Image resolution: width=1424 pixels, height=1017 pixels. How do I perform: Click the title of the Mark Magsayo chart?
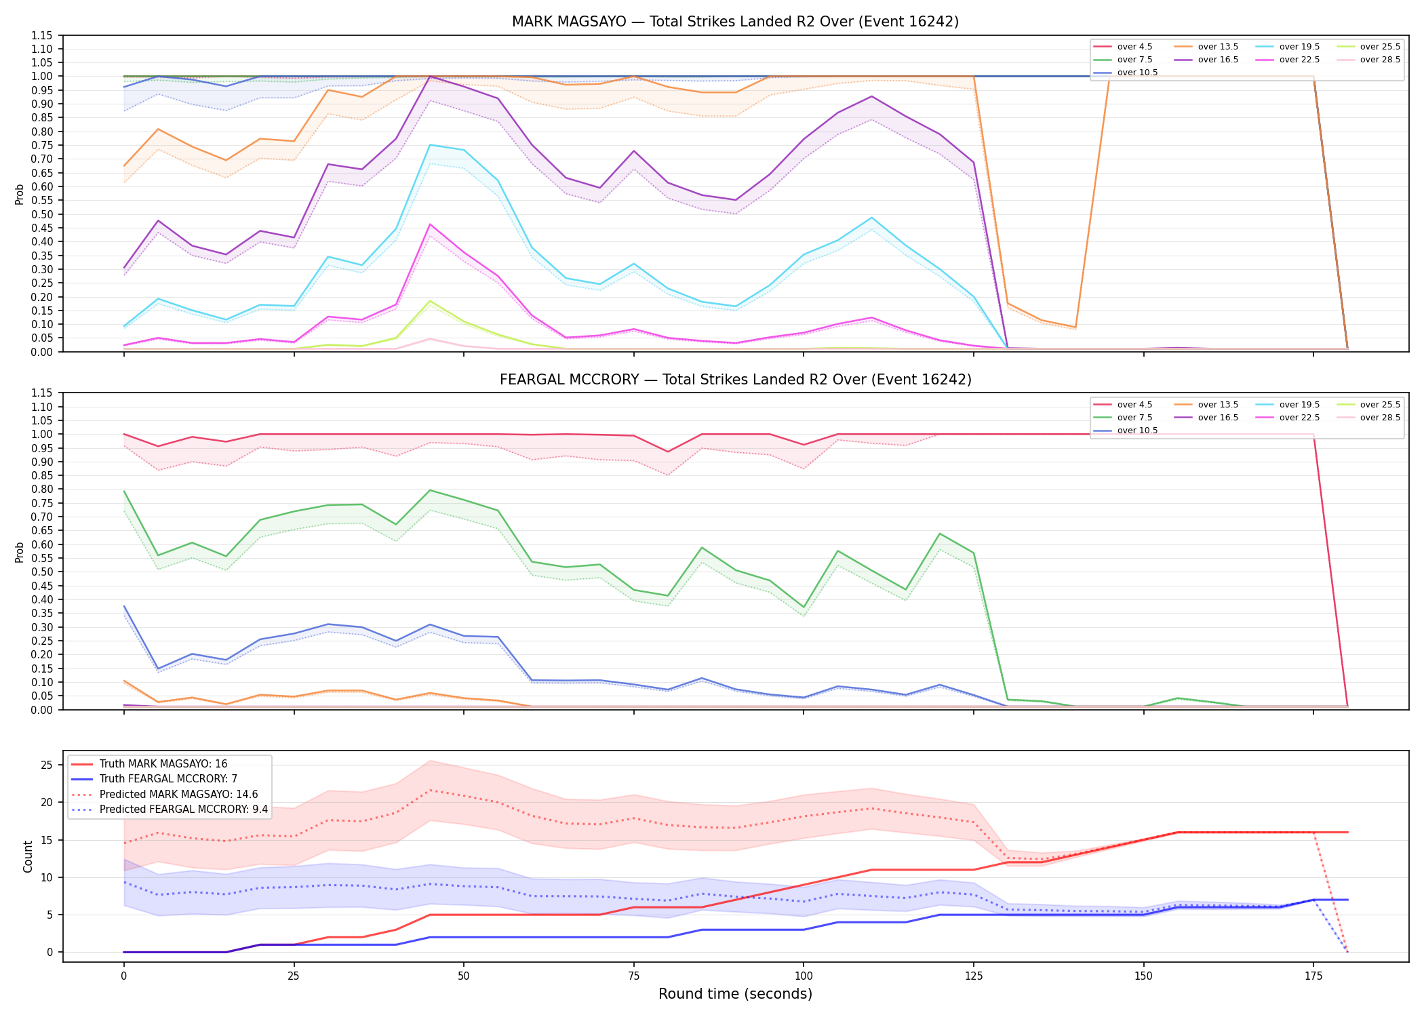coord(735,22)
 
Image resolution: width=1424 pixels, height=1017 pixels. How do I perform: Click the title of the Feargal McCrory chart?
coord(735,380)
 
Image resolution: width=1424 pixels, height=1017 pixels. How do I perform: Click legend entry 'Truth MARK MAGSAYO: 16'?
coord(163,764)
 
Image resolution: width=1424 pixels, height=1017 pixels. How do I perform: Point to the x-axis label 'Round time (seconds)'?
coord(735,994)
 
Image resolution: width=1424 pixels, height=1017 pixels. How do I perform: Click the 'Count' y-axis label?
coord(28,856)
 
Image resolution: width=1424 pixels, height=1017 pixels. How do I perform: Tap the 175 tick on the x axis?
coord(1313,976)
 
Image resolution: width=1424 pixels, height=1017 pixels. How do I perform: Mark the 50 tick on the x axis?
coord(464,976)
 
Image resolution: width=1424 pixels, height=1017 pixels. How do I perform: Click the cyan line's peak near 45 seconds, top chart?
coord(430,144)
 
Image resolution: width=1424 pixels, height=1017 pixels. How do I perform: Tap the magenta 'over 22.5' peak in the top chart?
coord(430,224)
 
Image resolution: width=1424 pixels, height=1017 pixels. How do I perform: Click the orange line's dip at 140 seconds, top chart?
coord(1075,327)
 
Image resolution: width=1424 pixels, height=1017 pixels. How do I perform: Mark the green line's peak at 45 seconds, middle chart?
coord(430,490)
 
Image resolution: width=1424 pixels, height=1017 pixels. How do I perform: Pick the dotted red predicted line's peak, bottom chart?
coord(430,790)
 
